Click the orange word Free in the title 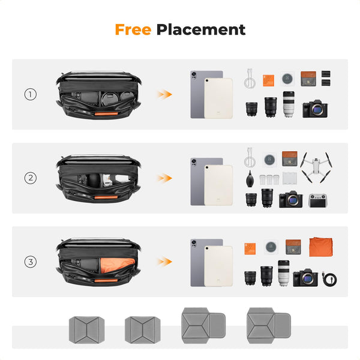click(x=133, y=29)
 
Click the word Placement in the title click(x=201, y=29)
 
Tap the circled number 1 click(x=31, y=94)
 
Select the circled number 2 click(x=31, y=178)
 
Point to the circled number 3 click(x=31, y=262)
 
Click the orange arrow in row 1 click(x=164, y=94)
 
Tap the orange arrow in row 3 click(x=164, y=262)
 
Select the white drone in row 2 click(x=317, y=166)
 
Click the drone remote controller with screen click(x=318, y=200)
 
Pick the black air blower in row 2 click(x=251, y=180)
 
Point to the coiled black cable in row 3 click(x=329, y=278)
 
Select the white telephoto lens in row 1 click(x=289, y=106)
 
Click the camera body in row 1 click(x=315, y=109)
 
